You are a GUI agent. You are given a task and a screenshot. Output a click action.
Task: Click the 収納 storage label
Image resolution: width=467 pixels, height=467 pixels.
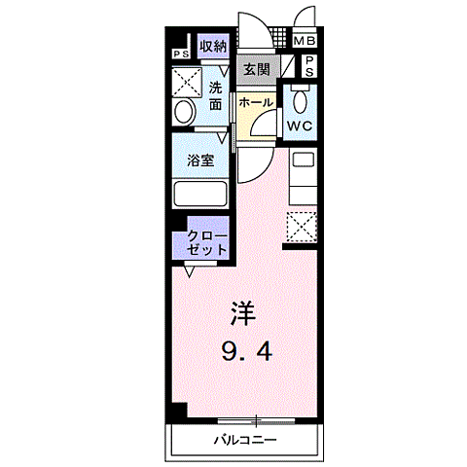click(214, 47)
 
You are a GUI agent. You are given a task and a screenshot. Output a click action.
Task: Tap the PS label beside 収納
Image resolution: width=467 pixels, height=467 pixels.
click(181, 54)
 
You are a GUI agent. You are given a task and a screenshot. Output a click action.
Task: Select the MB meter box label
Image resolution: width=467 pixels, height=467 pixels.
click(305, 42)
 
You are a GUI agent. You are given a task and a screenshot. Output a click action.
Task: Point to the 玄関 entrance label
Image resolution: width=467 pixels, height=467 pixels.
click(257, 69)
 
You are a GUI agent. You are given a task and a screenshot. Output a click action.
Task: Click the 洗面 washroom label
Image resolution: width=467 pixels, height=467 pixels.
click(216, 93)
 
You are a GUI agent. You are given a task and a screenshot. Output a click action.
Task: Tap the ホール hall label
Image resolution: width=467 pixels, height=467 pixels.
click(255, 101)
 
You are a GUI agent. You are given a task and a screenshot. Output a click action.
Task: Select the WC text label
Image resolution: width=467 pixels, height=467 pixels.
click(298, 126)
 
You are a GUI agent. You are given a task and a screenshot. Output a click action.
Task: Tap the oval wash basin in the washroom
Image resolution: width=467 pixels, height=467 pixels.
click(181, 113)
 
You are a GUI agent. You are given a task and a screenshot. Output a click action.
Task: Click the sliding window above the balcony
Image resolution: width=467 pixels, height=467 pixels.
click(256, 420)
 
